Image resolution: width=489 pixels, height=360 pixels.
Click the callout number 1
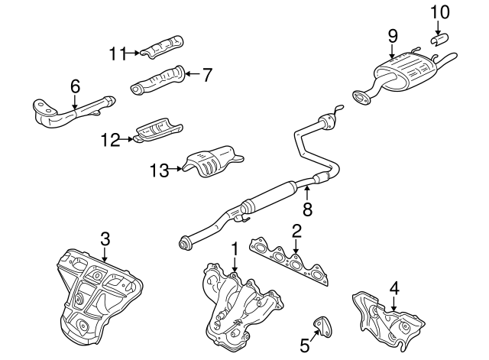pos(235,248)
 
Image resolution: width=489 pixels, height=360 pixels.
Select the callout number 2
pos(296,229)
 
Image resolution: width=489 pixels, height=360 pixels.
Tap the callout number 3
pos(105,238)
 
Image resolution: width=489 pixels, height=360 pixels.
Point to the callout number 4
pos(394,289)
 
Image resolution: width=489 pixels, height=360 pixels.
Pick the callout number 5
pos(305,345)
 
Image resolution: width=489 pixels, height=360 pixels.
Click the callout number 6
pos(75,87)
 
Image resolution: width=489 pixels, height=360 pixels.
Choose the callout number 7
pos(207,74)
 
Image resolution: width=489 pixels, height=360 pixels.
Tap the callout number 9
pos(392,35)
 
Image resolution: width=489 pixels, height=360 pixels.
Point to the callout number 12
pos(110,139)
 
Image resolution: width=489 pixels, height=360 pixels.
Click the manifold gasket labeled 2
pos(294,264)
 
